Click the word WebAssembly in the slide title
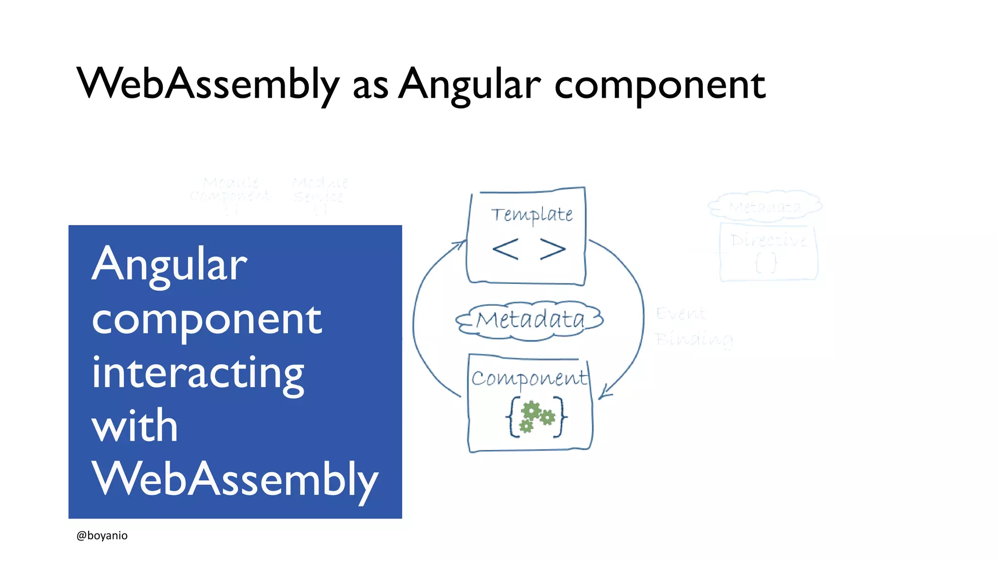[208, 84]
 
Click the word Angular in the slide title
[469, 84]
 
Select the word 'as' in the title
[370, 87]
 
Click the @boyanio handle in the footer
[102, 535]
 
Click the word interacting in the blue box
[198, 374]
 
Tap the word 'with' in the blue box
[134, 426]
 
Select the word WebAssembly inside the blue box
[234, 480]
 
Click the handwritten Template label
[531, 214]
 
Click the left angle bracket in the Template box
[505, 249]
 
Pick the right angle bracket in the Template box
[553, 249]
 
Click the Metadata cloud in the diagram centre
[530, 320]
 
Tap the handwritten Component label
[529, 378]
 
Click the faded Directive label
[768, 240]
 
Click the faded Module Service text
[319, 190]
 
